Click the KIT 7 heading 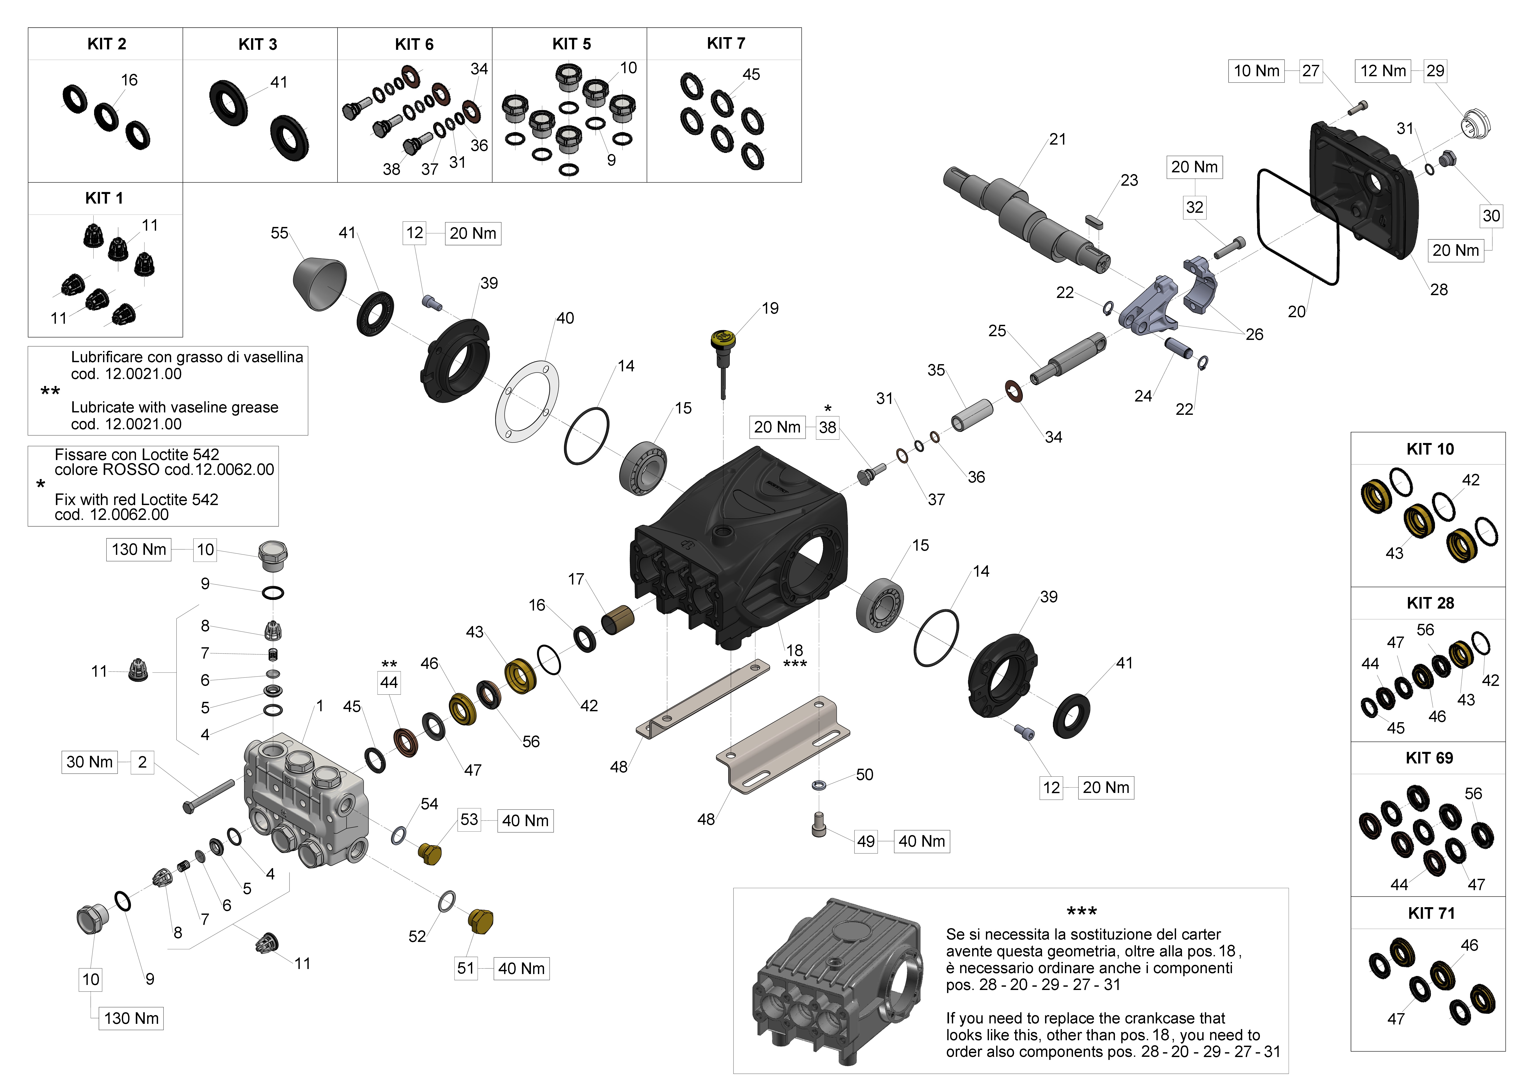726,43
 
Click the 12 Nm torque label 1383,71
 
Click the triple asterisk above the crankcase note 1082,911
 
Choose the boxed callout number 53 469,820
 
